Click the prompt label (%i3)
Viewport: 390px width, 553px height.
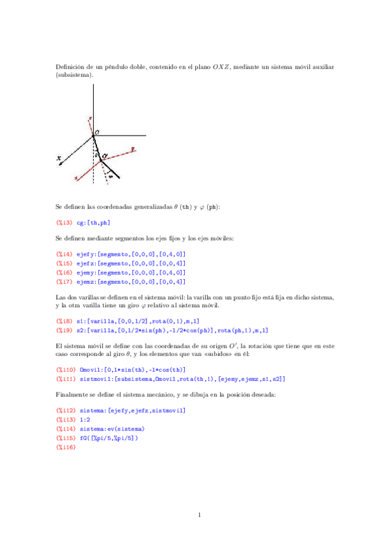coord(64,223)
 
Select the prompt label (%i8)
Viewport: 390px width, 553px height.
coord(64,321)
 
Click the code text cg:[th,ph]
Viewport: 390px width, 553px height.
coord(92,223)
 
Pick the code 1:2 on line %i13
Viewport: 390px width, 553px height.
coord(85,419)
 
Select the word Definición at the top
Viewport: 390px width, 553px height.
coord(71,66)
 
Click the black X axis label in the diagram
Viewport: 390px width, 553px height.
coord(59,157)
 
